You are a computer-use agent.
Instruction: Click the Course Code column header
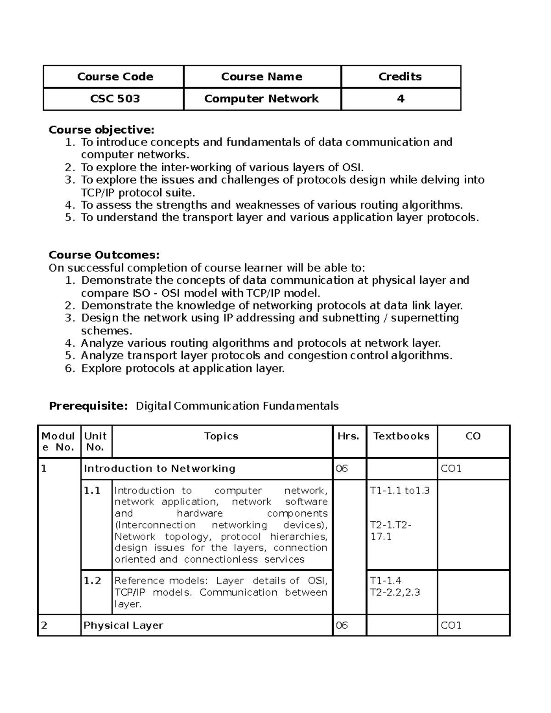click(115, 77)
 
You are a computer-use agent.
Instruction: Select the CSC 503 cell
click(115, 99)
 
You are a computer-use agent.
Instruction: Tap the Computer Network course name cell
click(261, 99)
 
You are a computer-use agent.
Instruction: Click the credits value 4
click(400, 99)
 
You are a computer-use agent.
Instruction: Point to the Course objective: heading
click(101, 130)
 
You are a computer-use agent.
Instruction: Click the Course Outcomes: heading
click(104, 255)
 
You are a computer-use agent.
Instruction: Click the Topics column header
click(221, 436)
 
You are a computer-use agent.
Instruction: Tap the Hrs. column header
click(349, 436)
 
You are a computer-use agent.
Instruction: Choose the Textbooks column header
click(401, 436)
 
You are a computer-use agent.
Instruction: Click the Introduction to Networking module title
click(159, 468)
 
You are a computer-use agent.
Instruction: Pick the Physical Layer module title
click(123, 625)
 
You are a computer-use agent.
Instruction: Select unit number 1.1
click(92, 491)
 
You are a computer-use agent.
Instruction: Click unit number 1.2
click(92, 581)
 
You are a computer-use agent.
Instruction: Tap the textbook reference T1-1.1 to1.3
click(399, 491)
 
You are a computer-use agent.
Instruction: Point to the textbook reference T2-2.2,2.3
click(395, 592)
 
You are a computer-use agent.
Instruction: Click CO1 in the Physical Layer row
click(451, 625)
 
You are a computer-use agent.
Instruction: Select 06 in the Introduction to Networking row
click(342, 468)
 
